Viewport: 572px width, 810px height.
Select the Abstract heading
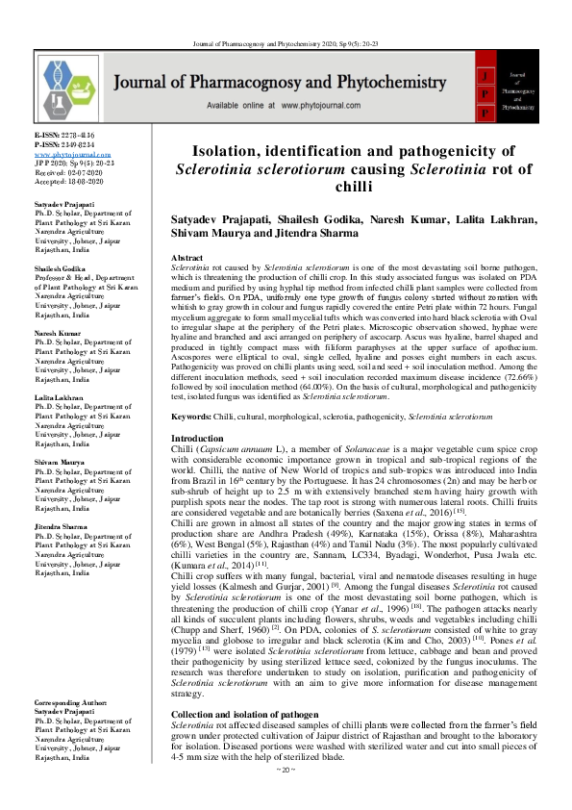point(187,260)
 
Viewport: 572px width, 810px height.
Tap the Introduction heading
point(197,438)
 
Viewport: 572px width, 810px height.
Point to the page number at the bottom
point(286,797)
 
